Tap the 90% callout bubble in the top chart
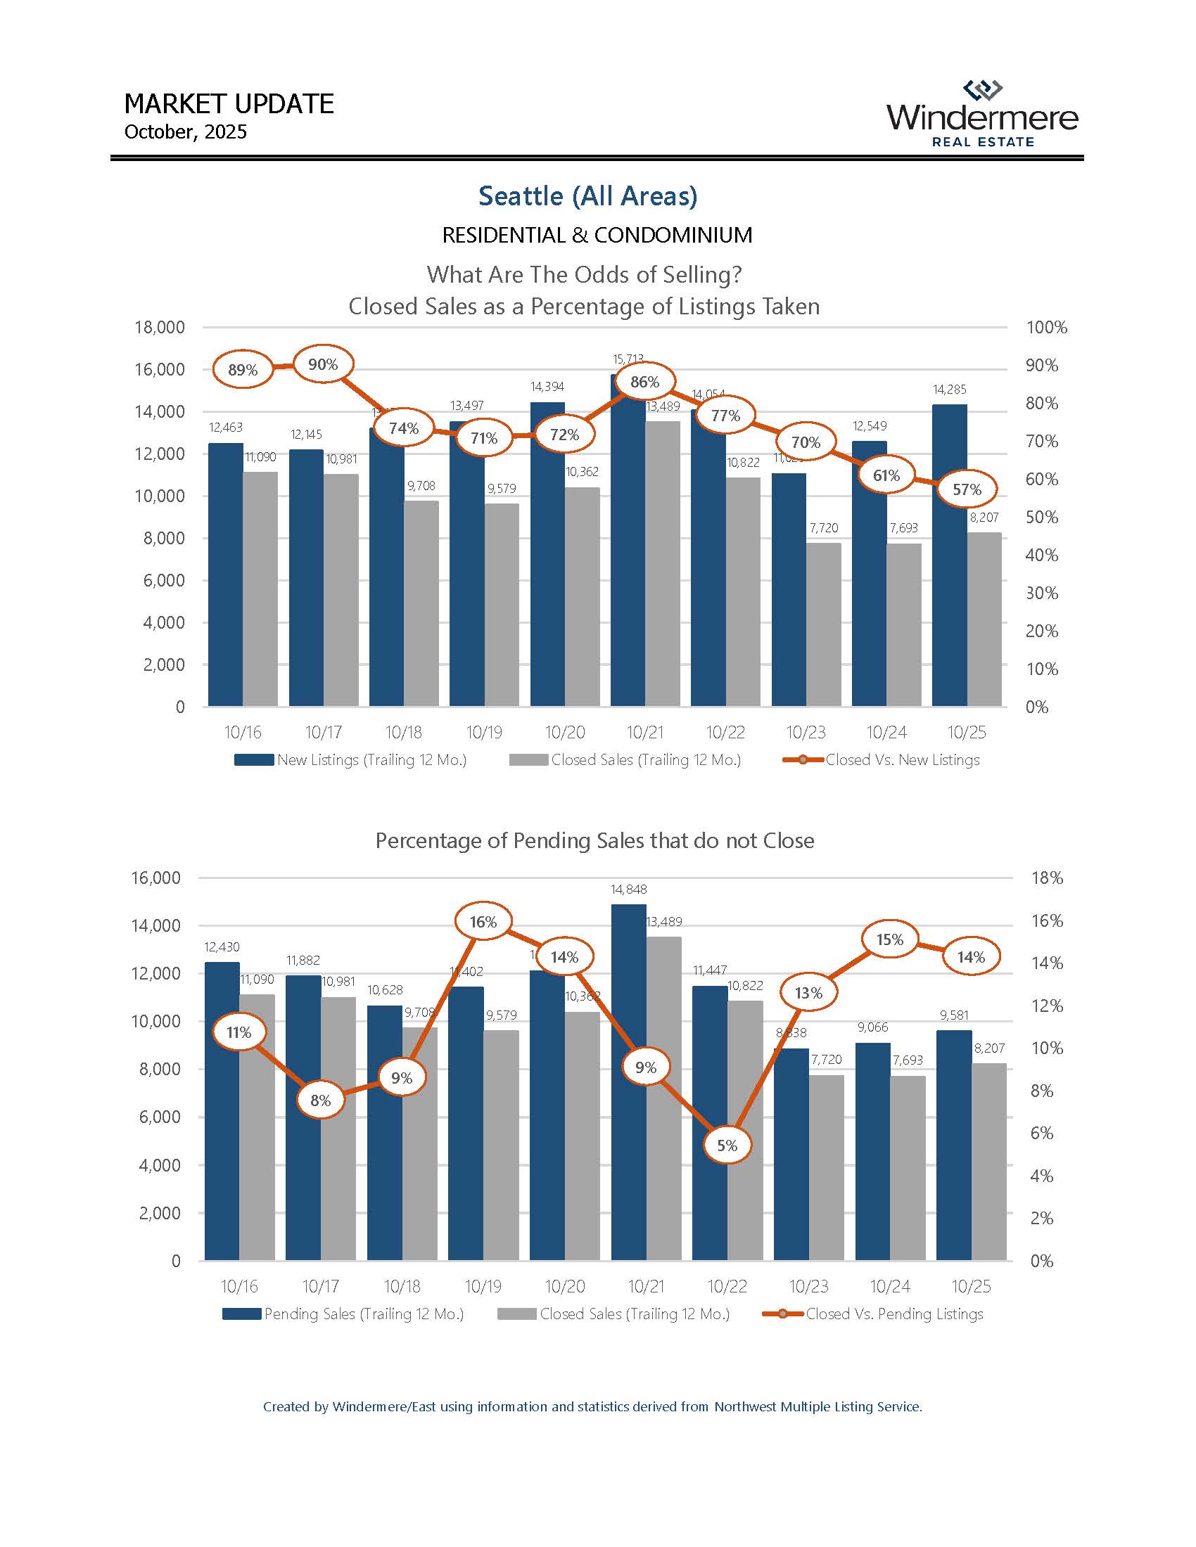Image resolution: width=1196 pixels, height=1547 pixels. click(x=323, y=365)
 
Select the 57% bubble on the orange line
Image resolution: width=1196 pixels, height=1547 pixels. click(x=967, y=489)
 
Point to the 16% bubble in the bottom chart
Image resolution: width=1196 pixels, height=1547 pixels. click(x=483, y=922)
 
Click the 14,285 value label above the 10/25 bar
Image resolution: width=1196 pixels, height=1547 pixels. click(x=950, y=390)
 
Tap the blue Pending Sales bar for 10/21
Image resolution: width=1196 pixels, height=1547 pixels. click(x=629, y=1084)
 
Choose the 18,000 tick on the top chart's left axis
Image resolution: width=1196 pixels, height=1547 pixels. click(x=160, y=327)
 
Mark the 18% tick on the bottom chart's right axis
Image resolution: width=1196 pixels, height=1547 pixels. click(x=1048, y=878)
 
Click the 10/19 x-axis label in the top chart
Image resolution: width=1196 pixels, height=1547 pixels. click(x=484, y=733)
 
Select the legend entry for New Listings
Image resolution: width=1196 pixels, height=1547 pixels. click(x=351, y=760)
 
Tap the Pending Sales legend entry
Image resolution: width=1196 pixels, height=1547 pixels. click(x=343, y=1315)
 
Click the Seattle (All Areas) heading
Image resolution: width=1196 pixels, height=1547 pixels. click(x=588, y=196)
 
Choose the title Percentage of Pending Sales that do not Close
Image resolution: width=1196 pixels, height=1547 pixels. click(x=594, y=841)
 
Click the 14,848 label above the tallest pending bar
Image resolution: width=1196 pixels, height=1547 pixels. click(x=629, y=890)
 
